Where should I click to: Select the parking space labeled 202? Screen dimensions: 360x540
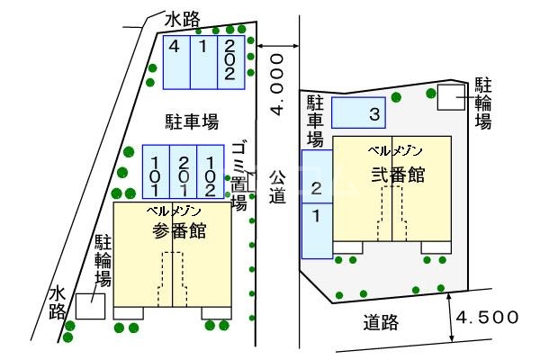point(230,61)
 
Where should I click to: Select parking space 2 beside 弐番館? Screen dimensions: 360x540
point(316,188)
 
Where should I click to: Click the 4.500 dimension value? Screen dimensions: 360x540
point(487,317)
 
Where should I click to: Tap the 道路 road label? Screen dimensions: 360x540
point(382,323)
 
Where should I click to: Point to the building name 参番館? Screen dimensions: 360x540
point(178,230)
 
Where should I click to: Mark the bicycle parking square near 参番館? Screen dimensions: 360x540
point(89,306)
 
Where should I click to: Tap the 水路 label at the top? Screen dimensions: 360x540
point(183,19)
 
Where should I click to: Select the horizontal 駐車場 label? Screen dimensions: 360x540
point(191,121)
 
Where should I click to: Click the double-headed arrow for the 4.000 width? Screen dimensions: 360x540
point(277,44)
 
